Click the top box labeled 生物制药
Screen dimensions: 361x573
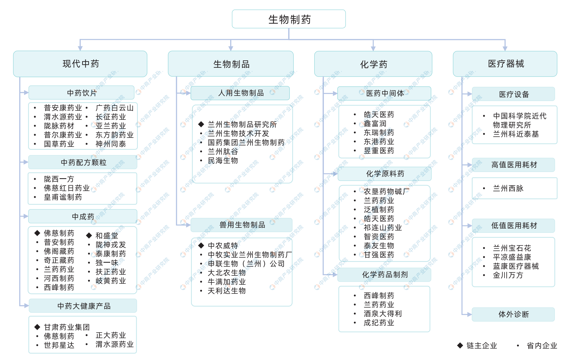click(x=289, y=19)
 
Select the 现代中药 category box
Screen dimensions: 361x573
click(x=80, y=64)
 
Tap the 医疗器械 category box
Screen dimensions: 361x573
click(x=505, y=64)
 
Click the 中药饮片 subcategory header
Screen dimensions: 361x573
click(x=82, y=93)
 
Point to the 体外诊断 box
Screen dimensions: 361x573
click(x=513, y=314)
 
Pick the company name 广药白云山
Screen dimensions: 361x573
click(x=114, y=108)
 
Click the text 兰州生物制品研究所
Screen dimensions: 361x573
click(x=242, y=125)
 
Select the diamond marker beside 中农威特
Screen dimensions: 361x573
click(x=201, y=246)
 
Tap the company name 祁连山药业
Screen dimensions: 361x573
click(x=382, y=228)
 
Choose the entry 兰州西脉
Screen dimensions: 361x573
click(x=508, y=188)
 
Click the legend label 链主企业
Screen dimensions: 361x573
click(x=481, y=346)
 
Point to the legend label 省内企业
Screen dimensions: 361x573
click(x=542, y=346)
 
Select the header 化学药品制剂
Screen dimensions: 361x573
click(x=385, y=275)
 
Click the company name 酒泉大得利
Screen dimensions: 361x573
click(x=382, y=314)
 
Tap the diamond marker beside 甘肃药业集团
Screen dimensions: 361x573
click(x=37, y=327)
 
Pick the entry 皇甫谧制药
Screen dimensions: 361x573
click(x=63, y=197)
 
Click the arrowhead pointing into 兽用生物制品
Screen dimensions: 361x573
click(x=188, y=225)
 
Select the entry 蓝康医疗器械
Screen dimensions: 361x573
click(x=516, y=266)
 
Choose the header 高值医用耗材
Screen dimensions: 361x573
click(x=514, y=165)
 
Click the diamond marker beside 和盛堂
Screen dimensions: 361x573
click(x=89, y=236)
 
